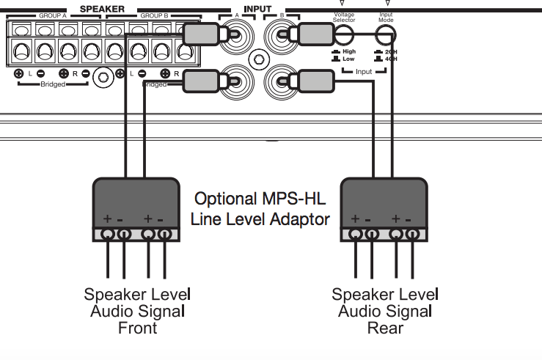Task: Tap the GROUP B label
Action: click(x=155, y=15)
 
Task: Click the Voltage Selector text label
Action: click(x=343, y=16)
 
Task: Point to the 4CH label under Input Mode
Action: click(x=390, y=59)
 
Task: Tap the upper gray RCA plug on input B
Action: click(x=314, y=34)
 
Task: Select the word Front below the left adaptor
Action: click(x=137, y=328)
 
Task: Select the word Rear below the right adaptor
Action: click(x=384, y=328)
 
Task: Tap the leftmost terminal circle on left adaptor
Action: click(x=108, y=235)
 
